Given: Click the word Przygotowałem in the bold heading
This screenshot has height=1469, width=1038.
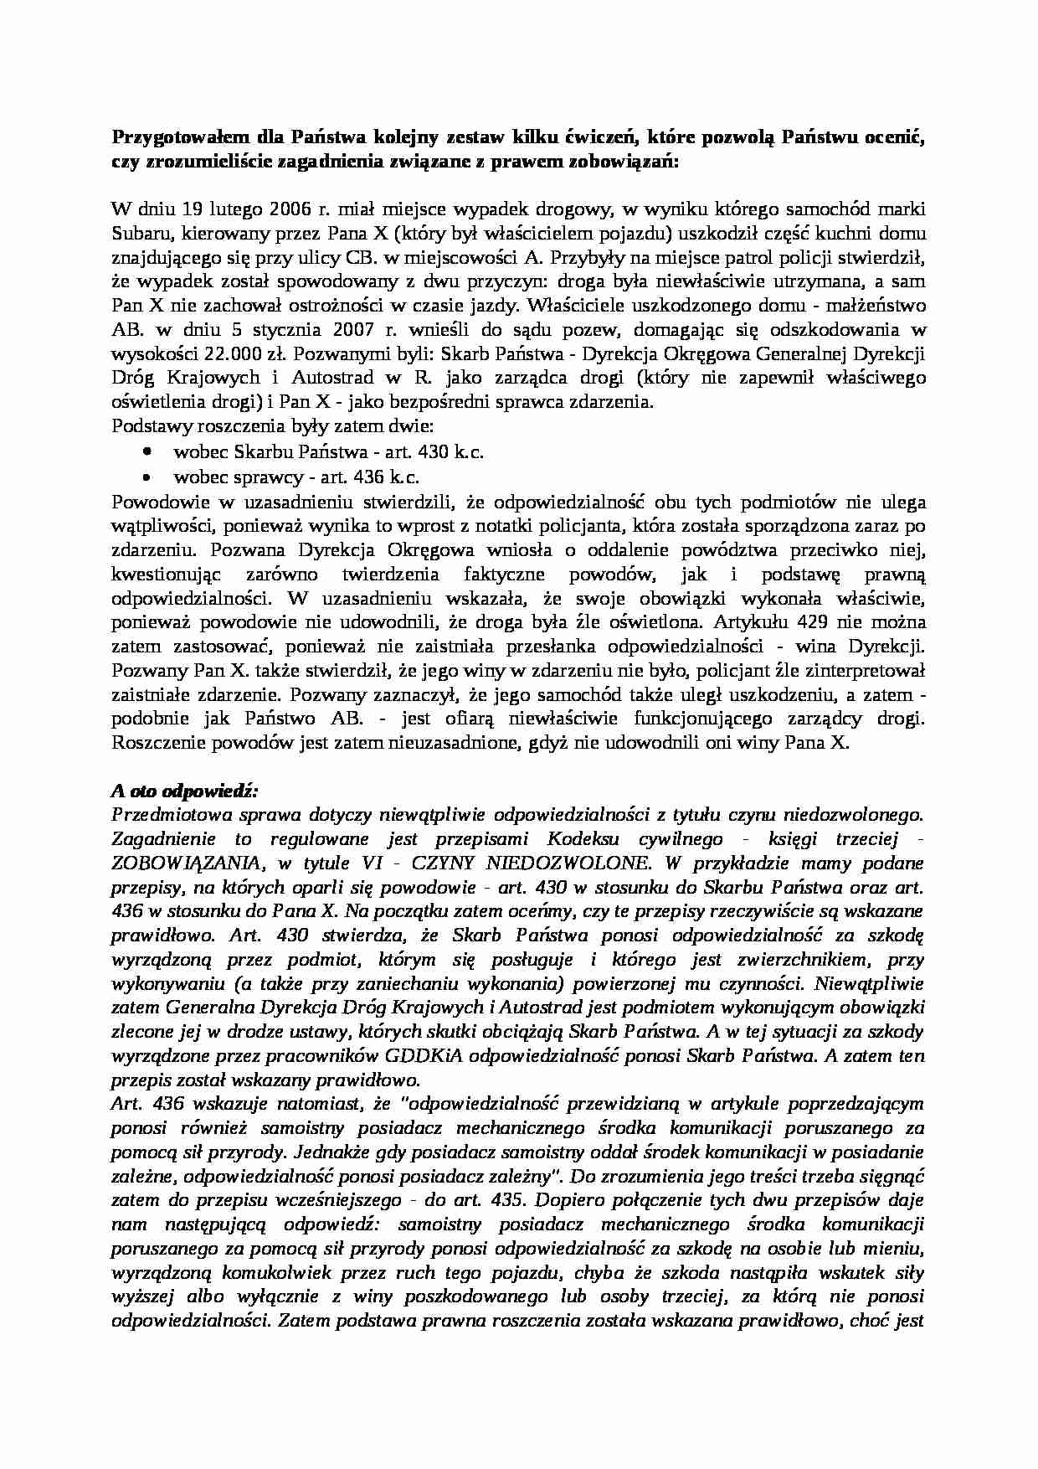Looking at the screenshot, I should (x=172, y=137).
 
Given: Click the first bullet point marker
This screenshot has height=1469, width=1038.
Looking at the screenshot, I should (x=148, y=451).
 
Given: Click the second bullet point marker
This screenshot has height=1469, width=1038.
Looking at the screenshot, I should (x=148, y=476).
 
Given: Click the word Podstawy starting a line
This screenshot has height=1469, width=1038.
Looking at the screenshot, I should (x=147, y=426).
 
